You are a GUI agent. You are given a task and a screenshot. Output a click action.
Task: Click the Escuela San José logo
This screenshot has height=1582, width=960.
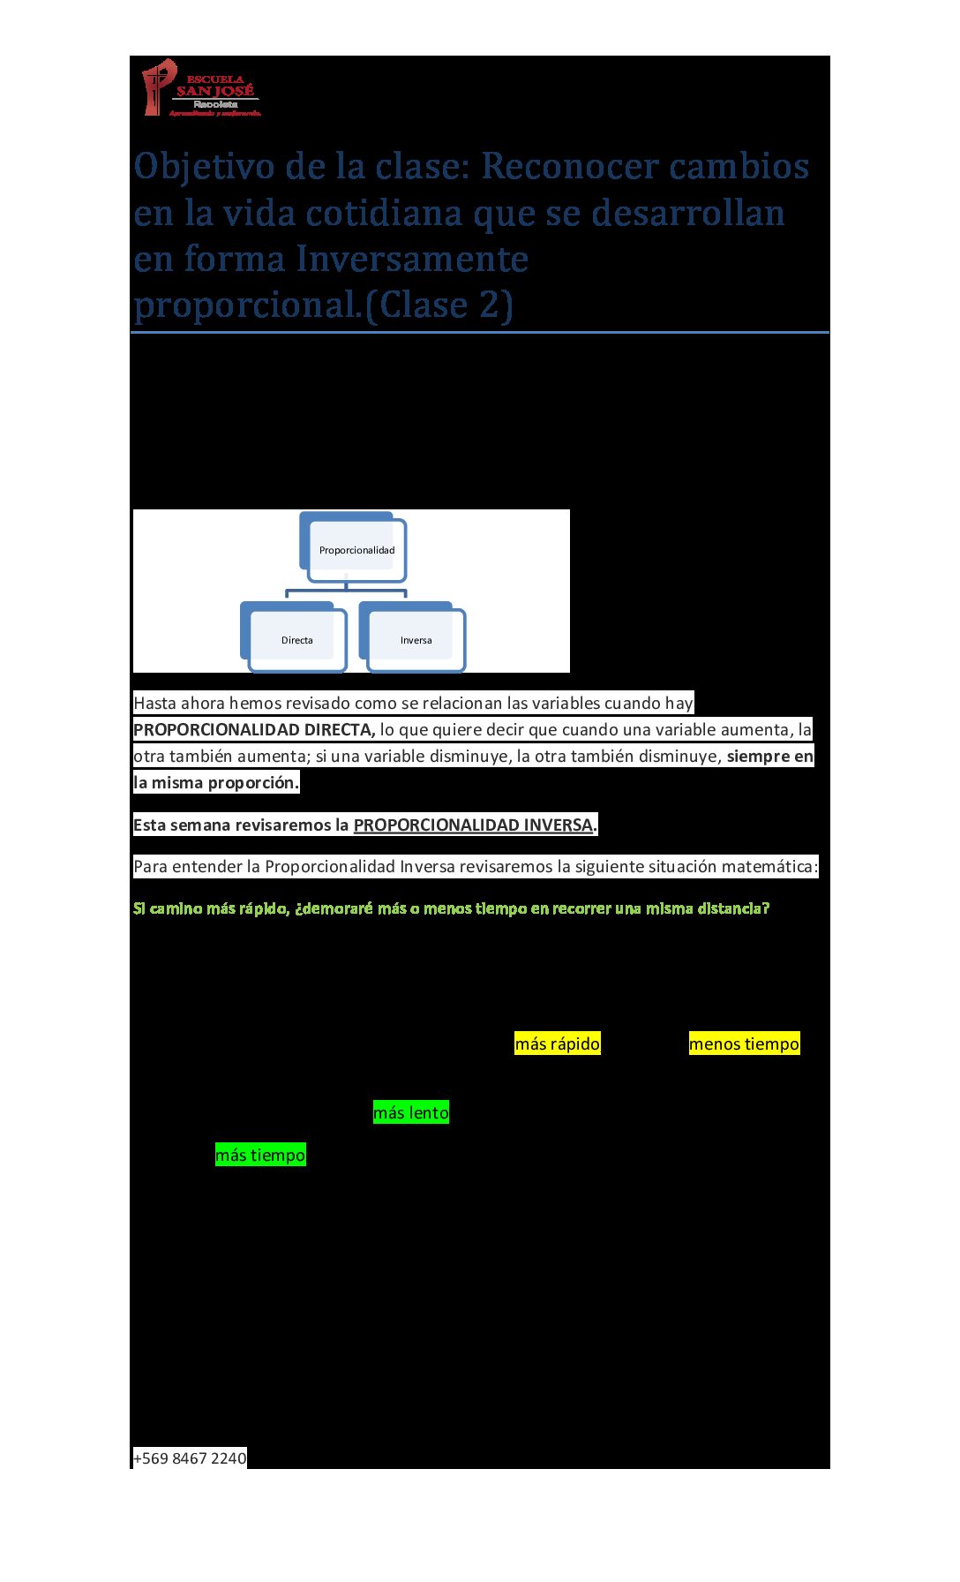[x=201, y=88]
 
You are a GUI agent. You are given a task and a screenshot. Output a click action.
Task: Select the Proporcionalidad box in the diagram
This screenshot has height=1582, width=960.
[x=356, y=550]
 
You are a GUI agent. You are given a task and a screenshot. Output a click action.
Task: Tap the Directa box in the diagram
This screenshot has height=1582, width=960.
[x=297, y=640]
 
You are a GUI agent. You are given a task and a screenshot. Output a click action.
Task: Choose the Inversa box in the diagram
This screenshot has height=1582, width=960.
[x=416, y=640]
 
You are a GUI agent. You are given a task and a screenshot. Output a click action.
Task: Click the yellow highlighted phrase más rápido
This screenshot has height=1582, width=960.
[x=557, y=1043]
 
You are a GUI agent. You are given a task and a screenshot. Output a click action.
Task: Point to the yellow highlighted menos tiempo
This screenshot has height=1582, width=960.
[x=744, y=1043]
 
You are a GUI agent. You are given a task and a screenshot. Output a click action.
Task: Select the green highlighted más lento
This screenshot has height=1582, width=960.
[x=410, y=1112]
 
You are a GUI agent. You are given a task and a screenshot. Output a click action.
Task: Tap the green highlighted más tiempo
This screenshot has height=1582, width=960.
[x=260, y=1155]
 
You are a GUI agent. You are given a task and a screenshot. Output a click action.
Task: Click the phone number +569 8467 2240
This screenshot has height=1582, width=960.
[x=190, y=1458]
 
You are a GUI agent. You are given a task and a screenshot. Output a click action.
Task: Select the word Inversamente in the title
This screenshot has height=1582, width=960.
[x=412, y=260]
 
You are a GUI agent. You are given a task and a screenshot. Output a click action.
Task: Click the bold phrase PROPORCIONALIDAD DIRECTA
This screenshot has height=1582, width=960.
[x=254, y=729]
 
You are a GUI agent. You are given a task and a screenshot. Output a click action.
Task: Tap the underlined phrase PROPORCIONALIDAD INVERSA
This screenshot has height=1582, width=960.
[x=473, y=825]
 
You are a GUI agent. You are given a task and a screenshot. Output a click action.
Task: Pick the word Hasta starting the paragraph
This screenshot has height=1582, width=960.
[x=154, y=703]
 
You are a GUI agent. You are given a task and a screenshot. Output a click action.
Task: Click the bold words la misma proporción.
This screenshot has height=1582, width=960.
[x=216, y=782]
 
